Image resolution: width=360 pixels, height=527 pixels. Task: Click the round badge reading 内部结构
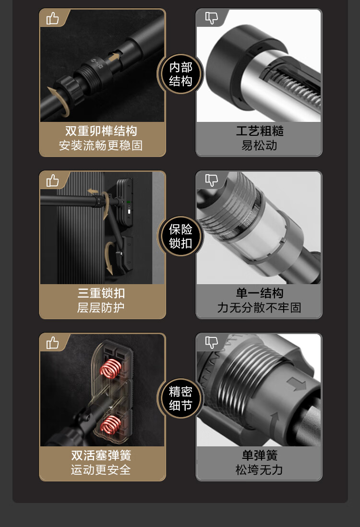pyautogui.click(x=180, y=74)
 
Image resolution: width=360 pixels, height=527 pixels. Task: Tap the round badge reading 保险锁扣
pyautogui.click(x=180, y=236)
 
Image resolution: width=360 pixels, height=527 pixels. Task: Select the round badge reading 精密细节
pyautogui.click(x=180, y=398)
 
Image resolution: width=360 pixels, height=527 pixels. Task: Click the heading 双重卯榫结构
pyautogui.click(x=101, y=131)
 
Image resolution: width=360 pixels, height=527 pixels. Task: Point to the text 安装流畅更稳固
pyautogui.click(x=101, y=145)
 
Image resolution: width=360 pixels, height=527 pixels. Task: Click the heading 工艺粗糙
pyautogui.click(x=259, y=131)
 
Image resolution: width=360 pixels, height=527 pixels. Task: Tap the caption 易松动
pyautogui.click(x=259, y=145)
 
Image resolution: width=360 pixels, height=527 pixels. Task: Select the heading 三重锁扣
pyautogui.click(x=101, y=293)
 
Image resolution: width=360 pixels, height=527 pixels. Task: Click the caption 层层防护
pyautogui.click(x=101, y=308)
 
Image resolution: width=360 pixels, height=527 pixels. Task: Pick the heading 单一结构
pyautogui.click(x=259, y=293)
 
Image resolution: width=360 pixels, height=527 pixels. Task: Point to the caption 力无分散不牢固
pyautogui.click(x=259, y=308)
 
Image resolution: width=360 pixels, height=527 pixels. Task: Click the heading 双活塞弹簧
pyautogui.click(x=101, y=455)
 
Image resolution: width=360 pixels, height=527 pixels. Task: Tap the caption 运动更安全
pyautogui.click(x=101, y=469)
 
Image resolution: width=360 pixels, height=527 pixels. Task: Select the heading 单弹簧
pyautogui.click(x=259, y=455)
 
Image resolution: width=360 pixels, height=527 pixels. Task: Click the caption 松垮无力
pyautogui.click(x=259, y=469)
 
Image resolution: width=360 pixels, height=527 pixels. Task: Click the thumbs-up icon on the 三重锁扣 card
pyautogui.click(x=52, y=180)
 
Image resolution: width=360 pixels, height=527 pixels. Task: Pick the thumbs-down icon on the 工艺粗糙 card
pyautogui.click(x=211, y=18)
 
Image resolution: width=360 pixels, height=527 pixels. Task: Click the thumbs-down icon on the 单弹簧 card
pyautogui.click(x=211, y=342)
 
